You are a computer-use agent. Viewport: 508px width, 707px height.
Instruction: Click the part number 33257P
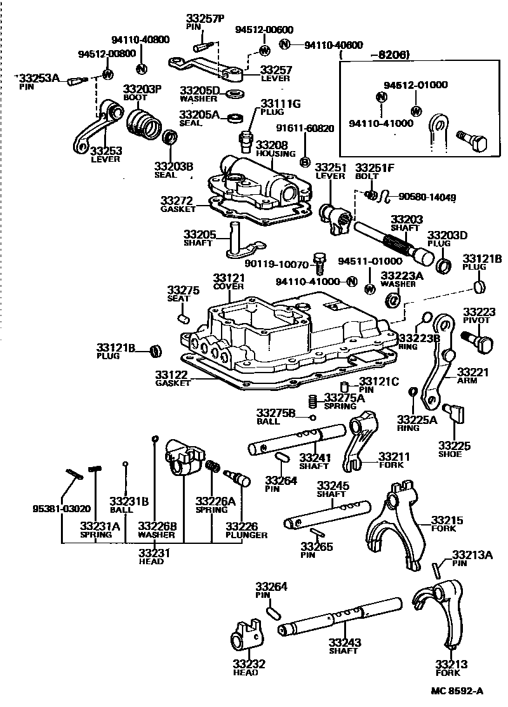point(205,18)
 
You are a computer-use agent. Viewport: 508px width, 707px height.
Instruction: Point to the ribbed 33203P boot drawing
point(143,122)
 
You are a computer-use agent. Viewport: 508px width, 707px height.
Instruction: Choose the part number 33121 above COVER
point(228,278)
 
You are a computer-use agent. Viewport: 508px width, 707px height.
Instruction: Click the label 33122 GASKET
point(173,379)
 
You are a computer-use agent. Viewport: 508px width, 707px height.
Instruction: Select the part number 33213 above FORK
point(451,664)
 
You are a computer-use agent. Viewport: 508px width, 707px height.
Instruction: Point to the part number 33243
point(344,642)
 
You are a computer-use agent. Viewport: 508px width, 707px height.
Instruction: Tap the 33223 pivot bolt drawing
point(481,343)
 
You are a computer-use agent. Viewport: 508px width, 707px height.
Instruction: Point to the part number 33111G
point(274,103)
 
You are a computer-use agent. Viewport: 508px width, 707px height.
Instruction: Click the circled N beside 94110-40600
point(286,44)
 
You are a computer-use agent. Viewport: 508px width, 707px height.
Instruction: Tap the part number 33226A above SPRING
point(215,501)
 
